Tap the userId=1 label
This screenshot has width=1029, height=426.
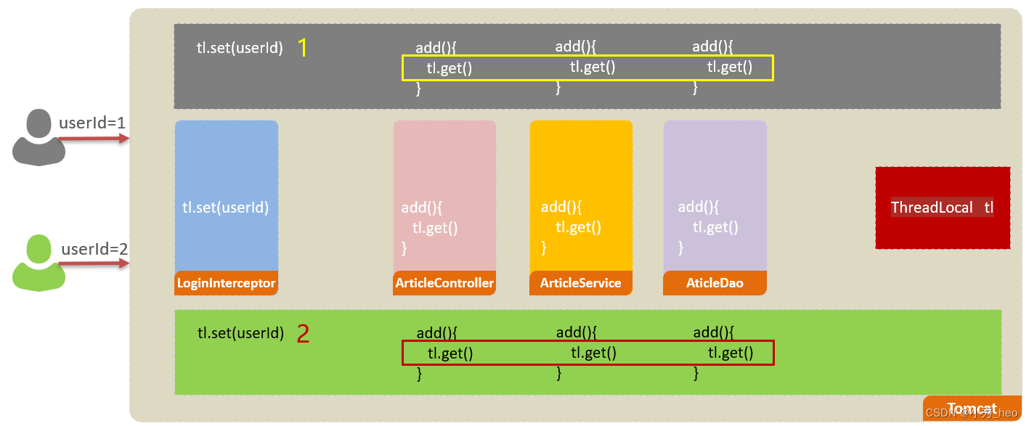92,123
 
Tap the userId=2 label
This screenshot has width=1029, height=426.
94,250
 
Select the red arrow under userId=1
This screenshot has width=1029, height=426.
93,139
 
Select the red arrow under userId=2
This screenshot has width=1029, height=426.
93,264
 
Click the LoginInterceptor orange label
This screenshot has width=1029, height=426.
226,283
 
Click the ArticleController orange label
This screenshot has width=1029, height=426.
444,283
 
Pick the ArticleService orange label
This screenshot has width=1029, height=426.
580,283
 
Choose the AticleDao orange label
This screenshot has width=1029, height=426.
715,283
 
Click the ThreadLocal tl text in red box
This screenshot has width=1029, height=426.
942,208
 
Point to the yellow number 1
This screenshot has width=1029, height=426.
303,48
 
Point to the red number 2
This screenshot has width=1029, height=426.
304,334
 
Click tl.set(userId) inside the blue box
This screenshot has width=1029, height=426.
226,208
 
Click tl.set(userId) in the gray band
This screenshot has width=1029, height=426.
240,49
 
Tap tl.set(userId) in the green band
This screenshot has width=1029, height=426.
240,334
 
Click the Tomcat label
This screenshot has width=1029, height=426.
972,409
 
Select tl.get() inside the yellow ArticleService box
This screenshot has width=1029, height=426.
579,227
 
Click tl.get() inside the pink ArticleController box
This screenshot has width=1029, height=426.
435,228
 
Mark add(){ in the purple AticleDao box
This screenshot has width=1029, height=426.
699,207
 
